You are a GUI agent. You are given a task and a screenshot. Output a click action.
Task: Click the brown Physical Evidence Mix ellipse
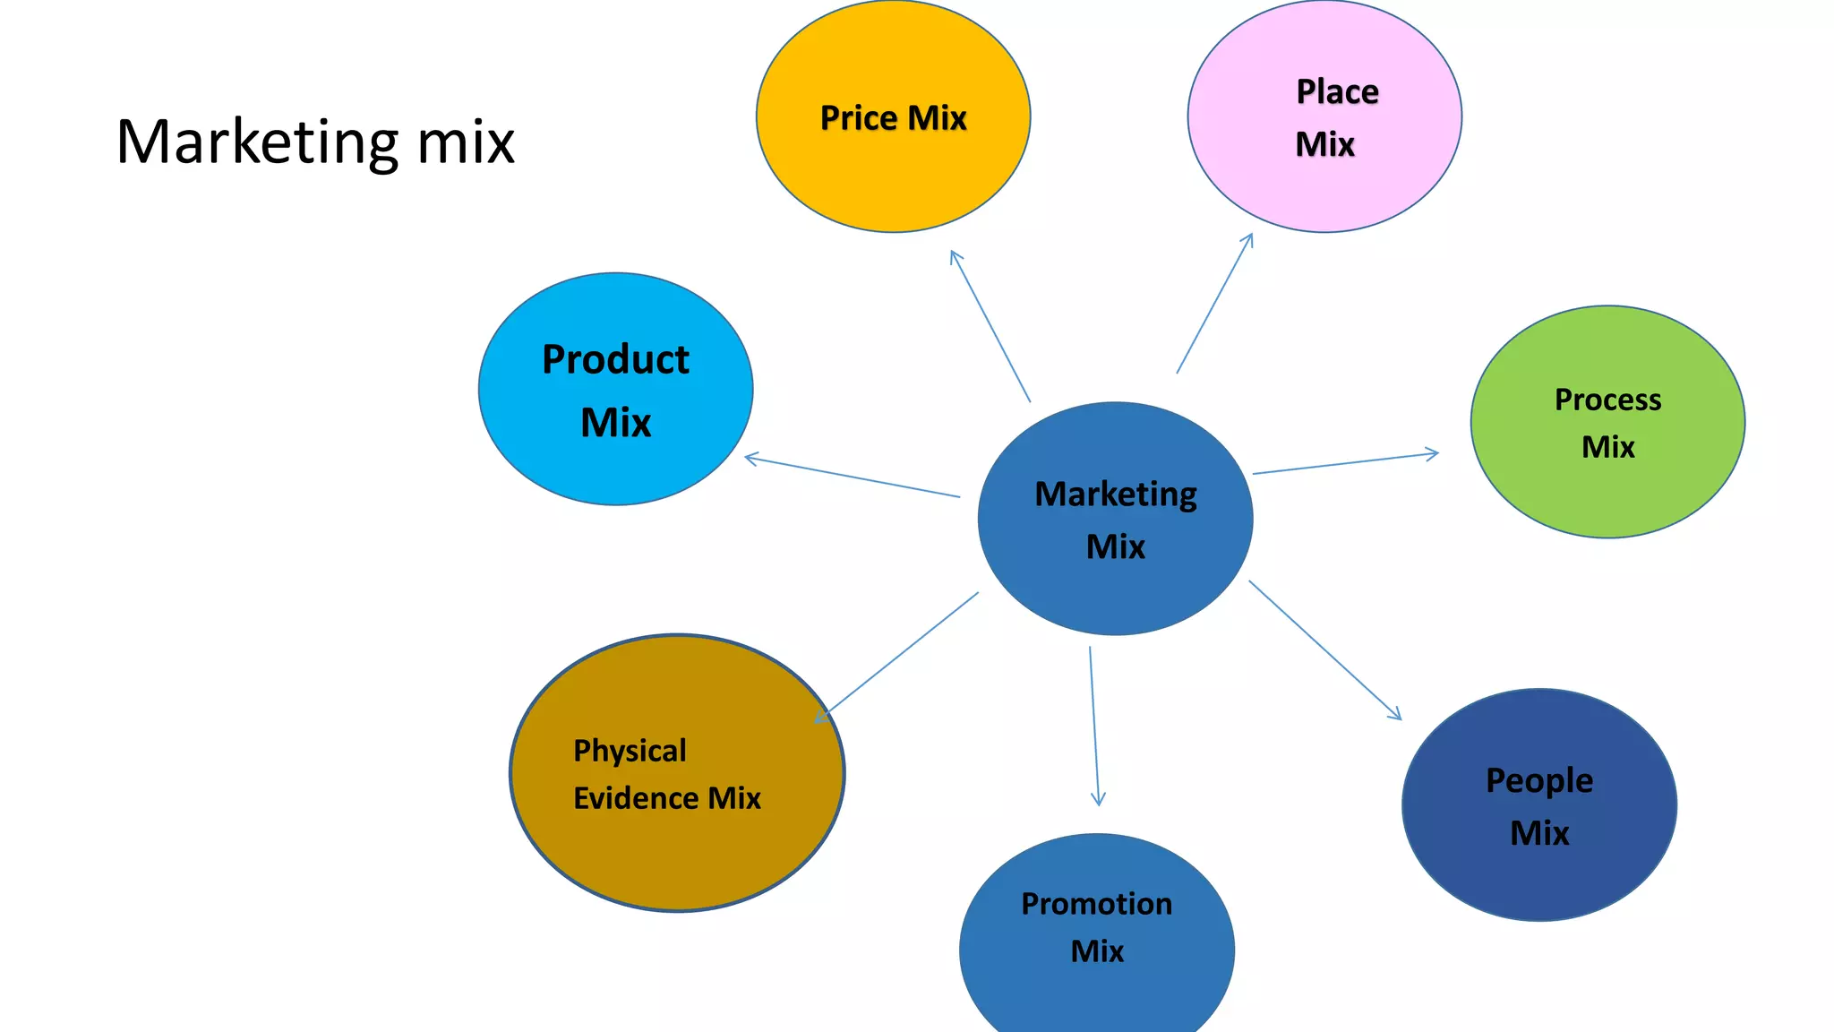coord(677,851)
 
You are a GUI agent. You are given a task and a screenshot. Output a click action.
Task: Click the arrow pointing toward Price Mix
coord(990,327)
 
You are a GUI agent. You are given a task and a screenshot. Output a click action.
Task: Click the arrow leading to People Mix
coord(1324,649)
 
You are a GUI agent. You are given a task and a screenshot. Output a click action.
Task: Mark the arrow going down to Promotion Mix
coord(1094,726)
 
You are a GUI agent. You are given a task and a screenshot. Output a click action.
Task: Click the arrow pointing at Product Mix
coord(852,477)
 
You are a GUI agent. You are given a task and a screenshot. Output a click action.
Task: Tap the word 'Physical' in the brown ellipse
coord(630,751)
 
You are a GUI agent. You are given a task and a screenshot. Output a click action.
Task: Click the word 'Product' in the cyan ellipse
coord(615,360)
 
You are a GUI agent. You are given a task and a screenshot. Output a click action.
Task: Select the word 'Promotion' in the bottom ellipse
coord(1096,904)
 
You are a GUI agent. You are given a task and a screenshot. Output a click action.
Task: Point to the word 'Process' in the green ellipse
coord(1607,400)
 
